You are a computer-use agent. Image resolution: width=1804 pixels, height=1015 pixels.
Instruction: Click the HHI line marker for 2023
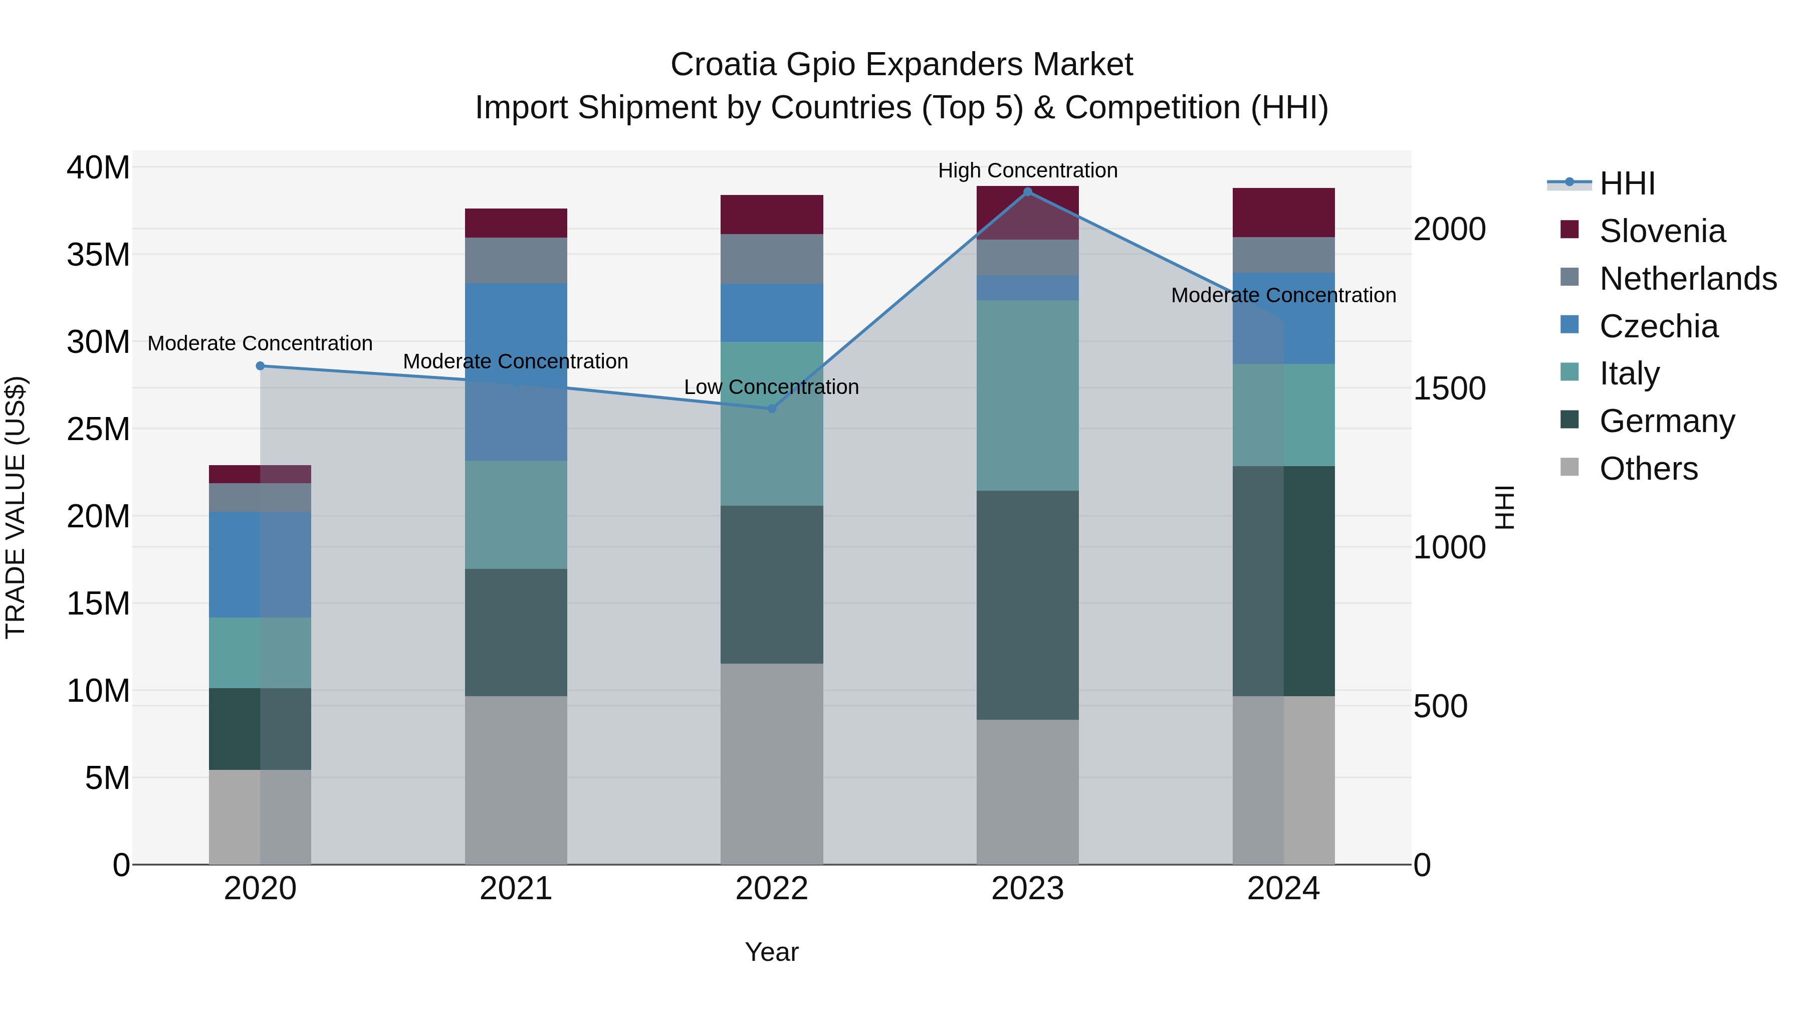[1027, 191]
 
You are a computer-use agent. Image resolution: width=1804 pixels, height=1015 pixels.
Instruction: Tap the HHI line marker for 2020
[261, 366]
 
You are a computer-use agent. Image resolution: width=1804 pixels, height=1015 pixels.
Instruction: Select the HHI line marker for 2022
[772, 409]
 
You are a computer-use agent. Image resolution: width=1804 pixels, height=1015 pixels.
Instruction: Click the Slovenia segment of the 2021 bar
[516, 223]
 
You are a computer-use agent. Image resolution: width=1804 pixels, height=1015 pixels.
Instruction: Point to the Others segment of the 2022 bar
[772, 763]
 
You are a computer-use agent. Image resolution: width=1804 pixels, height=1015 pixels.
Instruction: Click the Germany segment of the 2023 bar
[1027, 604]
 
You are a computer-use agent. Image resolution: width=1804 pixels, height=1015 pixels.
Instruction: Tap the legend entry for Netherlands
[1688, 279]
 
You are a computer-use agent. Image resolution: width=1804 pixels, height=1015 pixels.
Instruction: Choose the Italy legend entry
[1629, 373]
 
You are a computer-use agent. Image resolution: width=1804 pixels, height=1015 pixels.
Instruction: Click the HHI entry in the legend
[1627, 183]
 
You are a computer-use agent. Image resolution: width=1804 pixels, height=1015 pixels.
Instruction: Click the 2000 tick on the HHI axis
[1449, 229]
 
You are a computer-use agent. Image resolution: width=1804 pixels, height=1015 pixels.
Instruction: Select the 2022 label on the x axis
[772, 889]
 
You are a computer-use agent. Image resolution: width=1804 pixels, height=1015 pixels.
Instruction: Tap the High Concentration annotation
[1027, 170]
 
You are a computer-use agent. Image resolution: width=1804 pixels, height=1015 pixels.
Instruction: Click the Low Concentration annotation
[771, 386]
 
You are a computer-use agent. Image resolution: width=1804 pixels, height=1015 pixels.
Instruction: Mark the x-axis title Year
[772, 952]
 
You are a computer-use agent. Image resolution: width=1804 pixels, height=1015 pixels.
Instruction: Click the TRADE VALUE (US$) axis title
[16, 507]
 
